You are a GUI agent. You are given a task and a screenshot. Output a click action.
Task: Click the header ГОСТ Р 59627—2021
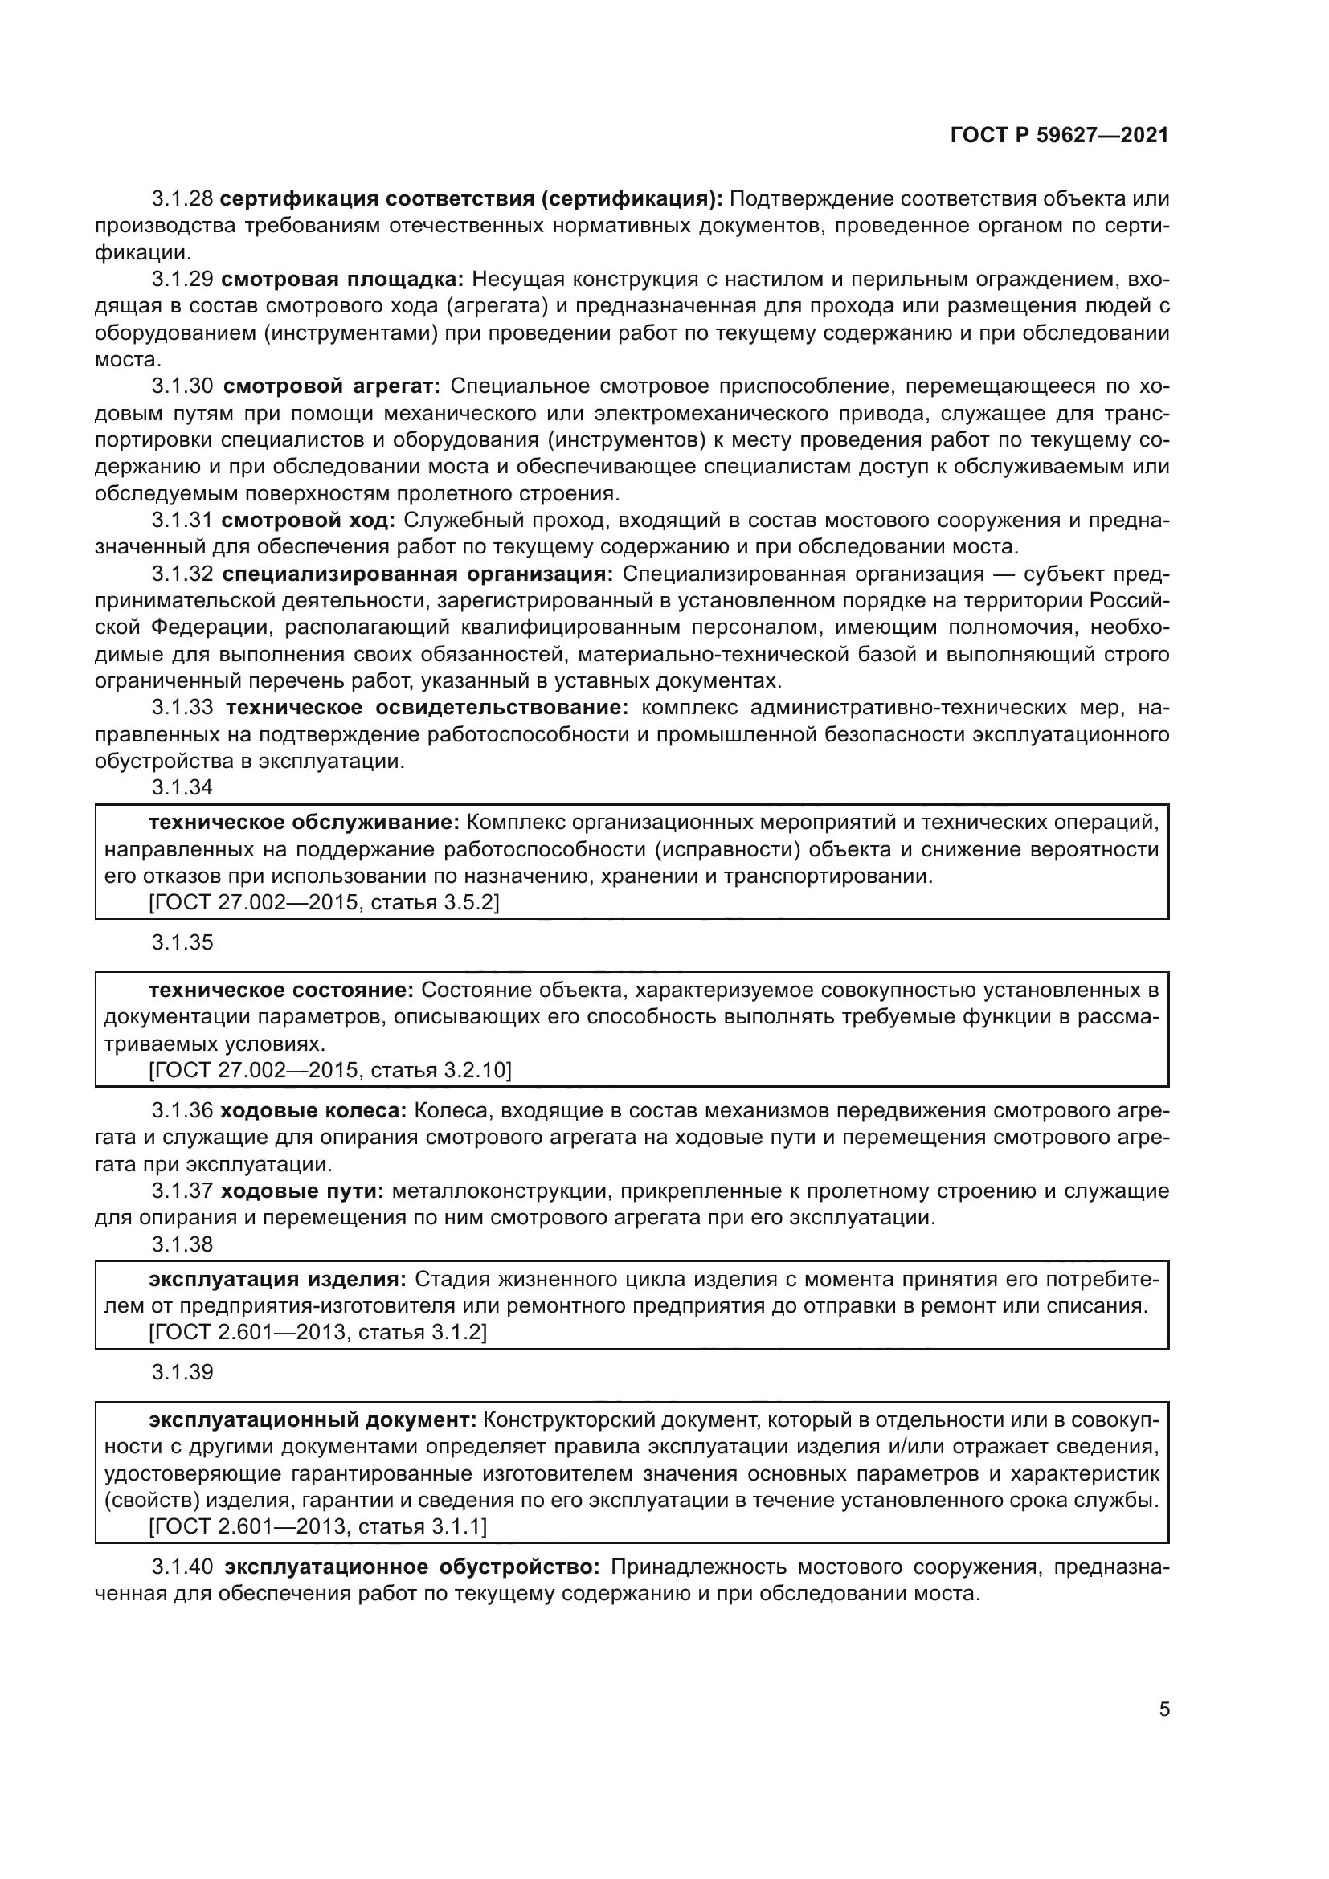tap(1059, 136)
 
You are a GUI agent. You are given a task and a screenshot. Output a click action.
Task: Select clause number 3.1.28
tap(182, 199)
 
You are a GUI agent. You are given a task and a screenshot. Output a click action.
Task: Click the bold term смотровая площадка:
tap(342, 280)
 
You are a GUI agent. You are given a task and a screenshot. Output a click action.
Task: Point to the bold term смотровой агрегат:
tap(331, 386)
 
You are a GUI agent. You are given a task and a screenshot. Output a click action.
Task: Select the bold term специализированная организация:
tap(417, 574)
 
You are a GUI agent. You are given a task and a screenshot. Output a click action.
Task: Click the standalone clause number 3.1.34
tap(182, 787)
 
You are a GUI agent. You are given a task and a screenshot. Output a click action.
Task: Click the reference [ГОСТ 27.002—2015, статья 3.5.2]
tap(324, 903)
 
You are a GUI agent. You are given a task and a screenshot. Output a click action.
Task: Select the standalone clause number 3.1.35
tap(182, 943)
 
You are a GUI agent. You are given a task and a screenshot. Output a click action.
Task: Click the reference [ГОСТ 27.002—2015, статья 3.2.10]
tap(329, 1070)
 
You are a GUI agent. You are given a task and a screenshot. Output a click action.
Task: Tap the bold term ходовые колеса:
tap(313, 1111)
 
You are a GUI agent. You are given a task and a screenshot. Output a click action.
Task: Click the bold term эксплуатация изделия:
tap(277, 1279)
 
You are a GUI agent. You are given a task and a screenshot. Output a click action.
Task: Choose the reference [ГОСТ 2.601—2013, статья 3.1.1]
tap(317, 1526)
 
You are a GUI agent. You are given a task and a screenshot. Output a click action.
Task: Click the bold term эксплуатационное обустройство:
tap(412, 1567)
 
